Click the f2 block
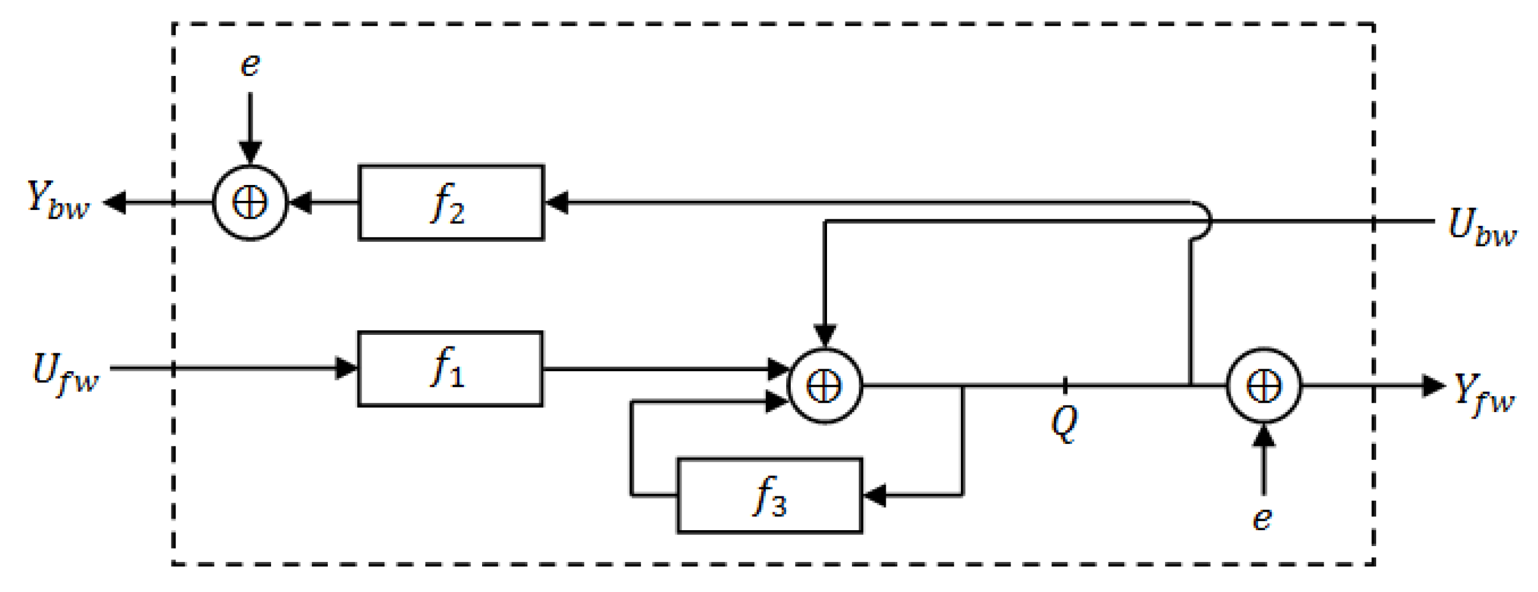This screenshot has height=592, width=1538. [x=451, y=203]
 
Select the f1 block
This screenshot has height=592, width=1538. [x=450, y=369]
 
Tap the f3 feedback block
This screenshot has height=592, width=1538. [x=770, y=495]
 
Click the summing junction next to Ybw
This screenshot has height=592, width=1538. [x=250, y=203]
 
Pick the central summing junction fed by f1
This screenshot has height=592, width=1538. [x=825, y=386]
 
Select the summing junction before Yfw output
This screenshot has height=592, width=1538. [x=1264, y=385]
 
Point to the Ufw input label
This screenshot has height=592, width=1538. [x=65, y=373]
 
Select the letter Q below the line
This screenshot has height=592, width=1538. [x=1064, y=423]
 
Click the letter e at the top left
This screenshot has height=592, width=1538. [x=250, y=65]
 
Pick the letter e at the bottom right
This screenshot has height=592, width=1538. [x=1262, y=518]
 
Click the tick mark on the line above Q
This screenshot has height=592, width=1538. [x=1065, y=385]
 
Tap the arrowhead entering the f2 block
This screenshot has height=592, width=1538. [x=557, y=203]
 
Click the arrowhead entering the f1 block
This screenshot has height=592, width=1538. [x=346, y=368]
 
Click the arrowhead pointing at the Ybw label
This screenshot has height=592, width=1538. [x=115, y=203]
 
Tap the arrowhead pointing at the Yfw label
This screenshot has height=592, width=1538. [x=1433, y=385]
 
